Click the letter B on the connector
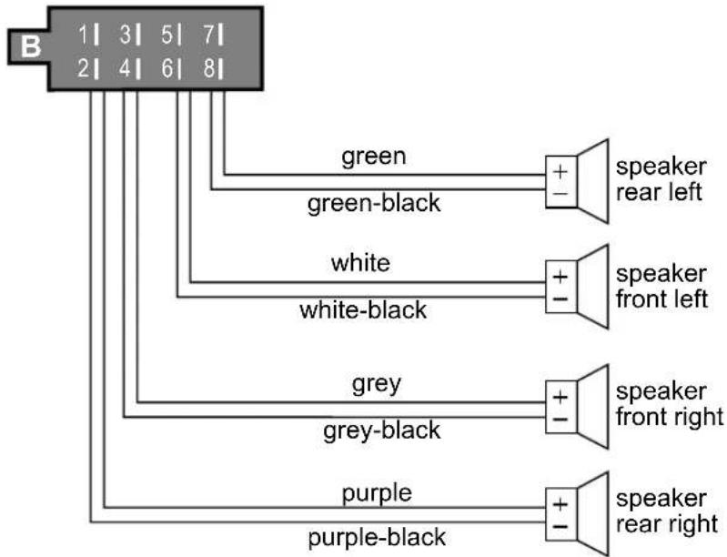click(31, 46)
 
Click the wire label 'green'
click(374, 157)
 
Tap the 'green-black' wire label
click(374, 203)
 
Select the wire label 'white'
click(360, 262)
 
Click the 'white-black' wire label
click(363, 309)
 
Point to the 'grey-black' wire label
click(381, 430)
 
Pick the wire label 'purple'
click(377, 493)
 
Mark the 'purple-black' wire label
click(377, 538)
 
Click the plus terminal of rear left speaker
click(560, 172)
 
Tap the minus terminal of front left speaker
click(560, 299)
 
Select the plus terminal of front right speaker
click(560, 397)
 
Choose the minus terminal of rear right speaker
click(560, 526)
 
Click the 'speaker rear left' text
click(661, 179)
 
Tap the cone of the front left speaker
click(592, 287)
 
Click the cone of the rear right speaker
click(592, 514)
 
